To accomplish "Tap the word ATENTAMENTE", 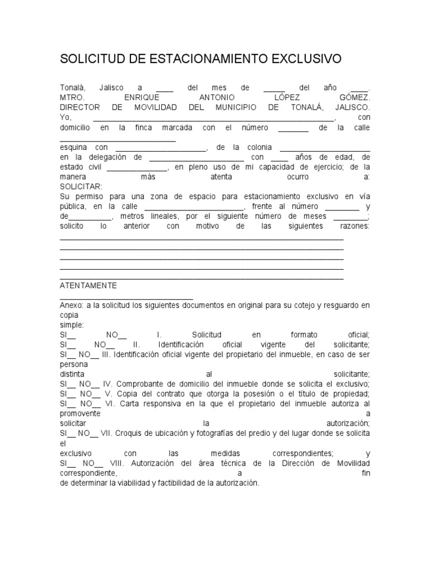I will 88,285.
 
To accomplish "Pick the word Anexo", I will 71,306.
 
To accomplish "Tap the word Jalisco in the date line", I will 112,88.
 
